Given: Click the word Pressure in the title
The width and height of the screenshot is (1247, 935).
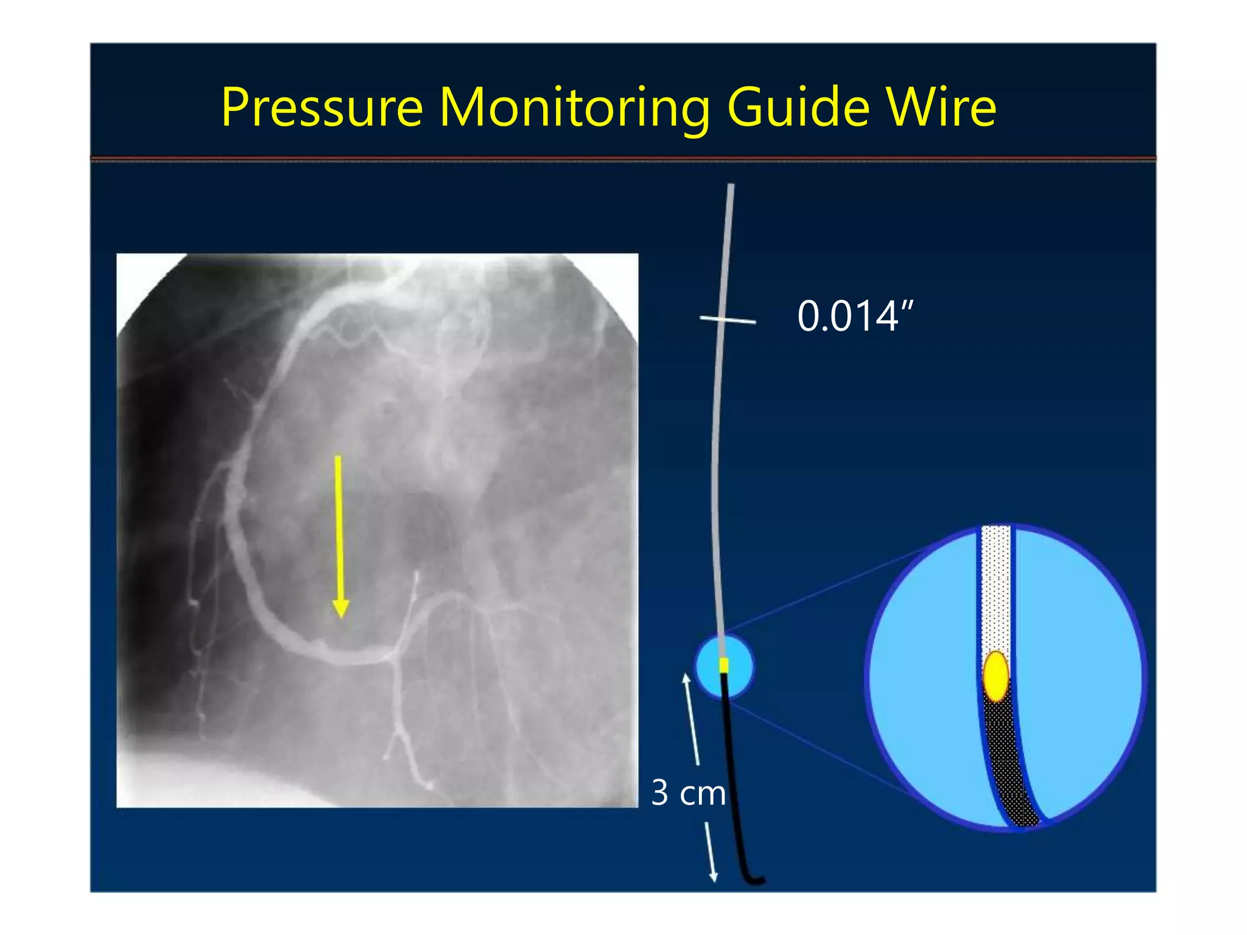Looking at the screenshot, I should pyautogui.click(x=321, y=108).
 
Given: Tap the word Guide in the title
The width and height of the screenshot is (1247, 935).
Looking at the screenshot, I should pyautogui.click(x=798, y=108).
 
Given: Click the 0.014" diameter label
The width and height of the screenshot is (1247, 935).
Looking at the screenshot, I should pyautogui.click(x=855, y=317).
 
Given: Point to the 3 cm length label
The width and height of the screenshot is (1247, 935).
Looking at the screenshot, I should pyautogui.click(x=688, y=793).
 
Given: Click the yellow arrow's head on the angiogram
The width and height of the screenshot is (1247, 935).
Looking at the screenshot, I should pyautogui.click(x=340, y=608).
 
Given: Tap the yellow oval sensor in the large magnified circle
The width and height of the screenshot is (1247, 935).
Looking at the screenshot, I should pyautogui.click(x=996, y=676).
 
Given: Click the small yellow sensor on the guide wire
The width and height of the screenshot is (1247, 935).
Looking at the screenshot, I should pyautogui.click(x=724, y=665).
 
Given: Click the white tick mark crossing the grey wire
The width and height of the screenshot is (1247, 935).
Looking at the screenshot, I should pyautogui.click(x=728, y=319).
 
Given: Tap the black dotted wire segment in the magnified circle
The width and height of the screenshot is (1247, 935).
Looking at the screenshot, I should pyautogui.click(x=1008, y=761).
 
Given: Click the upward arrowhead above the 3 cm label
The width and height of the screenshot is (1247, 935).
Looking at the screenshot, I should pyautogui.click(x=686, y=678).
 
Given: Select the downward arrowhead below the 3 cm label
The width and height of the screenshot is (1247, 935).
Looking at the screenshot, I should pyautogui.click(x=714, y=877).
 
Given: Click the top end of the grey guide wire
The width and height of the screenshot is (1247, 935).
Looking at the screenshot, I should pyautogui.click(x=731, y=186).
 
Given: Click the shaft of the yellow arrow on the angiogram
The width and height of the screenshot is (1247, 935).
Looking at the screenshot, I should pyautogui.click(x=339, y=524).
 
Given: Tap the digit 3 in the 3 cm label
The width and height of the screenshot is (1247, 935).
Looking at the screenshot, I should pyautogui.click(x=660, y=793).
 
